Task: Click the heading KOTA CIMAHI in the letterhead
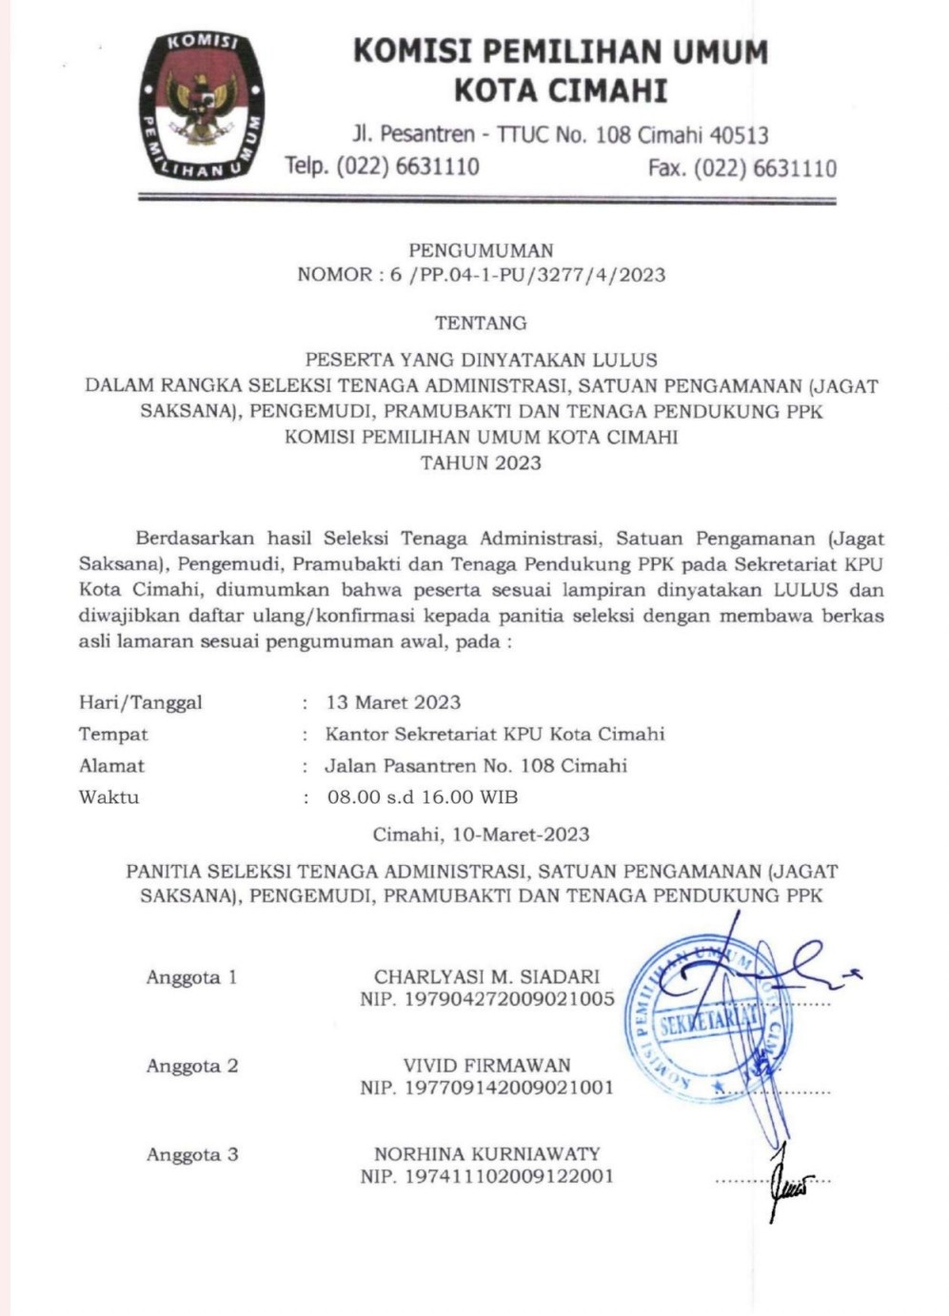click(x=560, y=91)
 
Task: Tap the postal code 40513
click(x=736, y=135)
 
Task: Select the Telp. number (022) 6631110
click(x=408, y=167)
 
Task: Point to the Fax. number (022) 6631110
click(x=765, y=168)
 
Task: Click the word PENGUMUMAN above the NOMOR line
click(x=481, y=251)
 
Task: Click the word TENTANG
click(x=481, y=324)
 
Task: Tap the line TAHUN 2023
click(x=481, y=463)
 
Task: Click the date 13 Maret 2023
click(x=393, y=703)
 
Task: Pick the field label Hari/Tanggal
click(x=141, y=703)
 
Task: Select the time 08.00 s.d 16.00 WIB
click(x=423, y=797)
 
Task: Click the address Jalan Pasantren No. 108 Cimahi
click(x=476, y=766)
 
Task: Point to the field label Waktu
click(x=109, y=797)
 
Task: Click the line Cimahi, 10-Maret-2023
click(x=481, y=835)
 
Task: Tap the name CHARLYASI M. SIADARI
click(x=486, y=976)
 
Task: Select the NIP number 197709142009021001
click(x=509, y=1088)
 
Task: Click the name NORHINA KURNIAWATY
click(x=486, y=1154)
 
